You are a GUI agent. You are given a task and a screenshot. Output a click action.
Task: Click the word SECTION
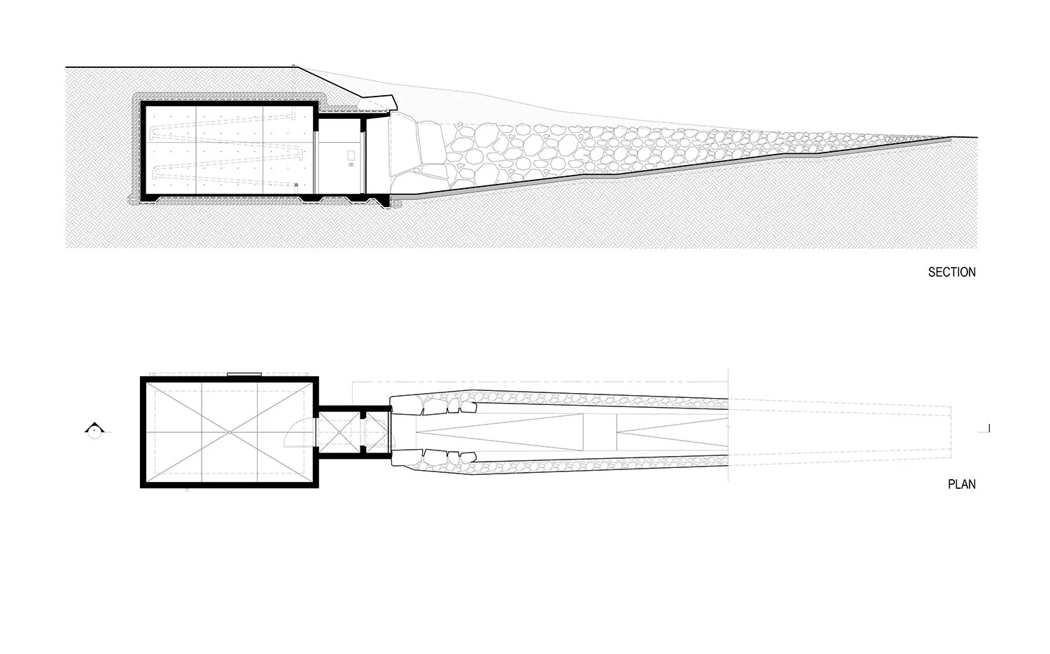pyautogui.click(x=951, y=272)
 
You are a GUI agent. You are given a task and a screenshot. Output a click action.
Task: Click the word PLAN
pyautogui.click(x=961, y=483)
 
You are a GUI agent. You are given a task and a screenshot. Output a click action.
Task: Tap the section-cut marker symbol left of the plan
pyautogui.click(x=92, y=429)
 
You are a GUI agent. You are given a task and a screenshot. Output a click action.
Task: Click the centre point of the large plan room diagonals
pyautogui.click(x=230, y=432)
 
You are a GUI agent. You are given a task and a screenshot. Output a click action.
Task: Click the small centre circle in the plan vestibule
pyautogui.click(x=339, y=432)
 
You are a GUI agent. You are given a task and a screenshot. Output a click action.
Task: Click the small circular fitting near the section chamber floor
pyautogui.click(x=296, y=185)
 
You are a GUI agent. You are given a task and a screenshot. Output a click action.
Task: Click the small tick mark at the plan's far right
pyautogui.click(x=988, y=428)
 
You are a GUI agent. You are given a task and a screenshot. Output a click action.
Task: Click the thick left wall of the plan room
pyautogui.click(x=143, y=432)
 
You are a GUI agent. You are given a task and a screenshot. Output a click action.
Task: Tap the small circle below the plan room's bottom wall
pyautogui.click(x=187, y=491)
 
